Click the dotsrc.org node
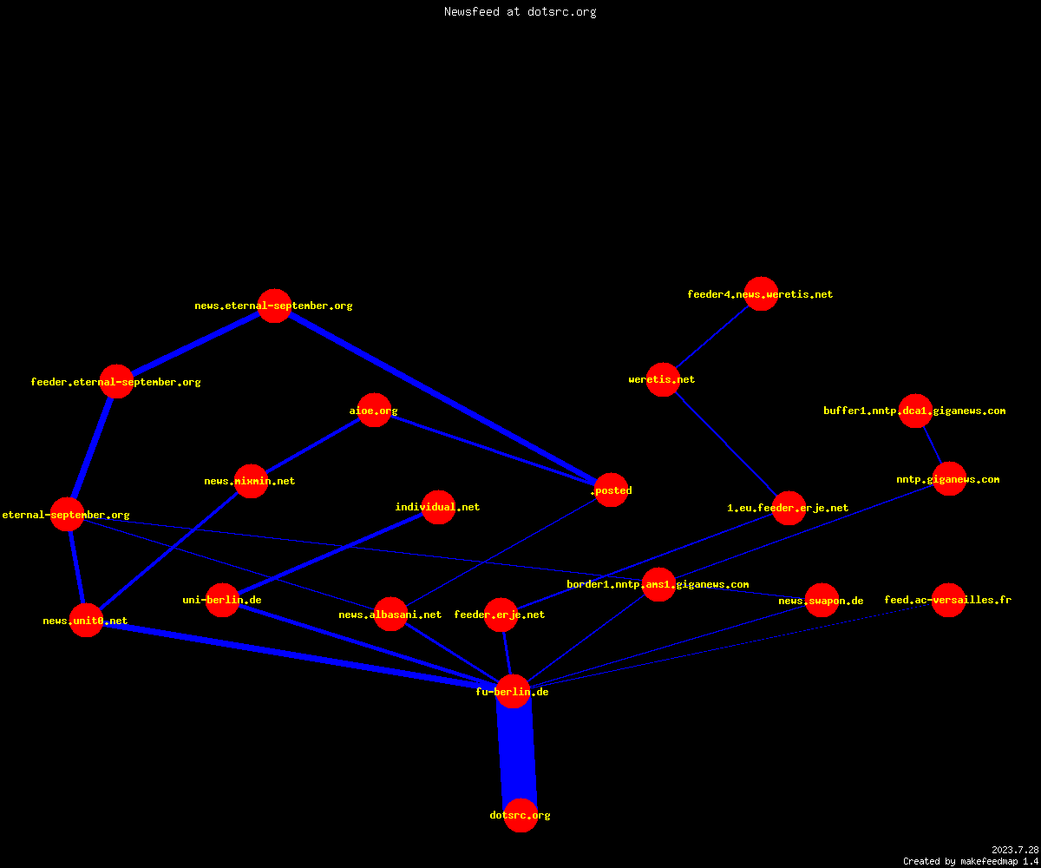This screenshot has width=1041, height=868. [x=520, y=815]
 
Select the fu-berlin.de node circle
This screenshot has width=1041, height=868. [x=513, y=692]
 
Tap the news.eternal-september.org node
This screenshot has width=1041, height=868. [x=275, y=306]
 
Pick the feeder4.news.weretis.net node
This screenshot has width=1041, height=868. [x=761, y=294]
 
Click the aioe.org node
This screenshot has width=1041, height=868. [x=374, y=410]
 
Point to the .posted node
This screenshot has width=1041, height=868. [x=612, y=490]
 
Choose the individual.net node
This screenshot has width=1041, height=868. [x=438, y=507]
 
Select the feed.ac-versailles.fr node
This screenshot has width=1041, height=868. [x=948, y=600]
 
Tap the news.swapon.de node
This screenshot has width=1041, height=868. [x=822, y=600]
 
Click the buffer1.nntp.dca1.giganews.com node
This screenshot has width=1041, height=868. [x=915, y=411]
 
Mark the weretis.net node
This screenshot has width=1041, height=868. [x=663, y=379]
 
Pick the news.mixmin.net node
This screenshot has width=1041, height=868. [x=251, y=482]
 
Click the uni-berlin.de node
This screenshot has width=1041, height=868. [x=222, y=600]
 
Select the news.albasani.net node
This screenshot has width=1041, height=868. [x=391, y=614]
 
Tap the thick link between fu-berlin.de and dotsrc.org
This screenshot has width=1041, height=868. [x=517, y=753]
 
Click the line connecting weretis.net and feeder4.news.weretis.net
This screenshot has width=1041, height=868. [x=712, y=337]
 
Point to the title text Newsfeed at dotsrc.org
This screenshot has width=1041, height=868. [x=520, y=11]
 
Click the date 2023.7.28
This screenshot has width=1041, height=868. [x=1015, y=850]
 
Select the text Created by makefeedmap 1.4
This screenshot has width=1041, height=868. [x=971, y=862]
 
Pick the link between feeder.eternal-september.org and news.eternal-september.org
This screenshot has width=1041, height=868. [x=195, y=344]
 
